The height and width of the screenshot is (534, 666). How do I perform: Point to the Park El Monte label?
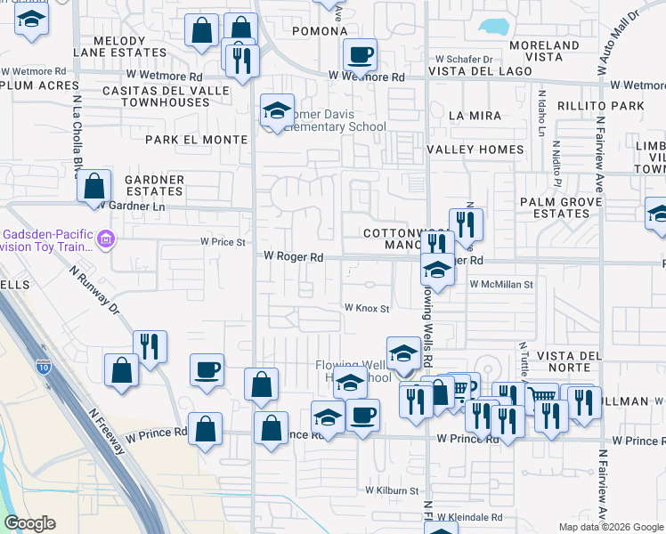(x=196, y=140)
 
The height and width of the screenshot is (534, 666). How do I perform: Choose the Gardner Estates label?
(x=154, y=186)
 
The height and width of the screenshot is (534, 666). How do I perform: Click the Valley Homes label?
(x=475, y=150)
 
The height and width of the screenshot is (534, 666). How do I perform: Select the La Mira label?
(x=475, y=116)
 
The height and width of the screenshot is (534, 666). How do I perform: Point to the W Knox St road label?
(x=368, y=308)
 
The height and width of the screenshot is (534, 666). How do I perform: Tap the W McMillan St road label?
(x=500, y=285)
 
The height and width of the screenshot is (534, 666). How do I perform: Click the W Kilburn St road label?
(x=391, y=490)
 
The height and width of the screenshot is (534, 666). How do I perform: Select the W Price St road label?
(x=222, y=241)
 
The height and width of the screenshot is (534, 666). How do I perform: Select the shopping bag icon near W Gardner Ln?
(x=93, y=187)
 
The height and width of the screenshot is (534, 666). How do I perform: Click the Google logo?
(x=29, y=523)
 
